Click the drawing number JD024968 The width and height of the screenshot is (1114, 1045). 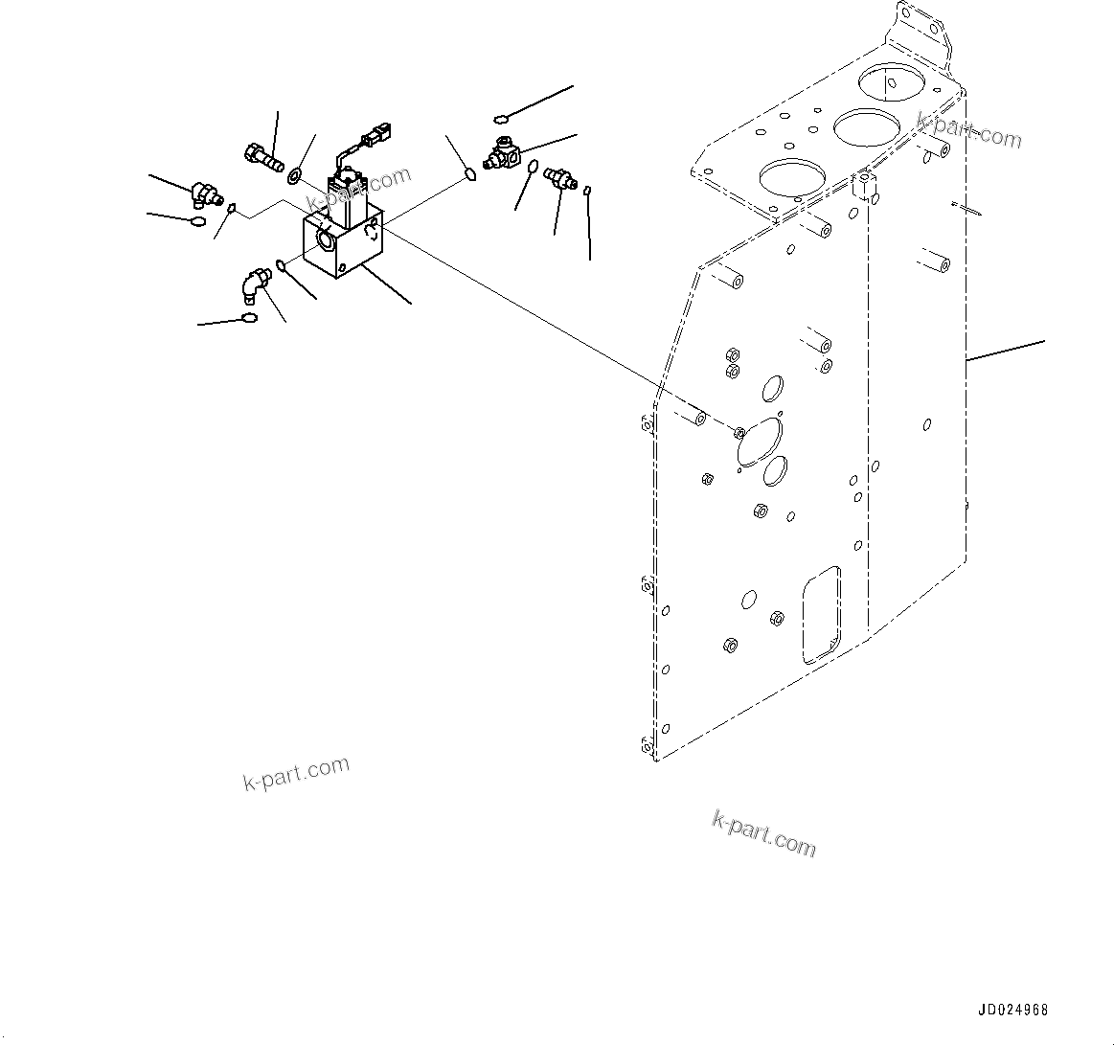pos(1013,1011)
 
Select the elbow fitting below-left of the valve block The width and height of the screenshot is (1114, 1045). pos(254,284)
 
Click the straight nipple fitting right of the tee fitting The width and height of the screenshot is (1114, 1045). pos(558,177)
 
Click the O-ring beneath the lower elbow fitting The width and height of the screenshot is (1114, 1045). pos(249,319)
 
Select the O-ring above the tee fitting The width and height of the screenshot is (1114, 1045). pos(501,119)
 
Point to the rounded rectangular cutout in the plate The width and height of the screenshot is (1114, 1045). pos(822,614)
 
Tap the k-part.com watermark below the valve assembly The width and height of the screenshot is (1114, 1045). pos(296,774)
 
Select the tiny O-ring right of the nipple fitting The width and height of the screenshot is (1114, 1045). pos(587,190)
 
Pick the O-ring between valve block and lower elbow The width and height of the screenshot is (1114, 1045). pos(281,264)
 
